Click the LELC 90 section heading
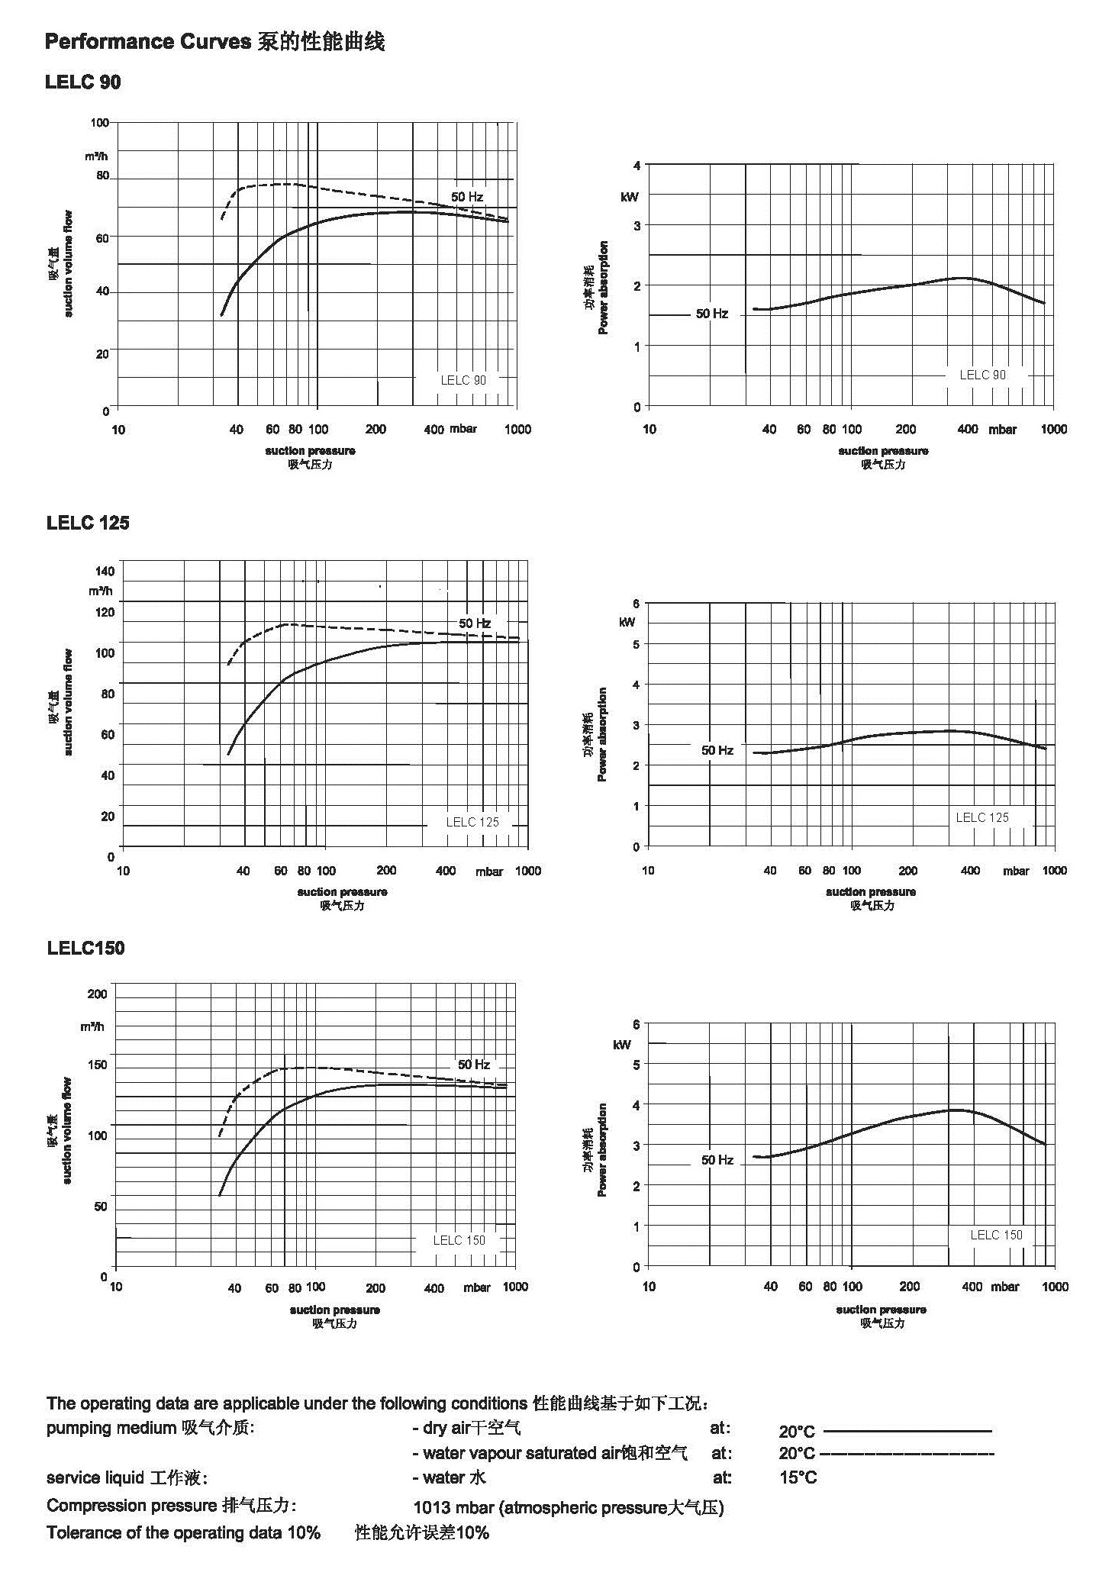[x=82, y=82]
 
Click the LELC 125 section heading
[x=88, y=523]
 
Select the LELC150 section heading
[x=85, y=948]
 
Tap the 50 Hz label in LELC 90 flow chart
[x=466, y=197]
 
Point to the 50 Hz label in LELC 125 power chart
[x=717, y=750]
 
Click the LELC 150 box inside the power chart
[x=995, y=1235]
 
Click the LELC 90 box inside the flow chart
[x=463, y=380]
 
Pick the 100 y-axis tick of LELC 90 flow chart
[x=99, y=122]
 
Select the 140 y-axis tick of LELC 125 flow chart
[x=105, y=571]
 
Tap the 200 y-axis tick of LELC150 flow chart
[x=97, y=994]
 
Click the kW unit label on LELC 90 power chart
[x=630, y=197]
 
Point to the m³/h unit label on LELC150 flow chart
[x=92, y=1026]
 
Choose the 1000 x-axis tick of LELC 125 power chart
[x=1055, y=870]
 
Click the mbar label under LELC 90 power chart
[x=1002, y=430]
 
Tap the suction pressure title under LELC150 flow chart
[x=334, y=1310]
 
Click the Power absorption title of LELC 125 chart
[x=603, y=734]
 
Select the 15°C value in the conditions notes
[x=798, y=1477]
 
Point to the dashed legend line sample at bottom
[x=906, y=1453]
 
